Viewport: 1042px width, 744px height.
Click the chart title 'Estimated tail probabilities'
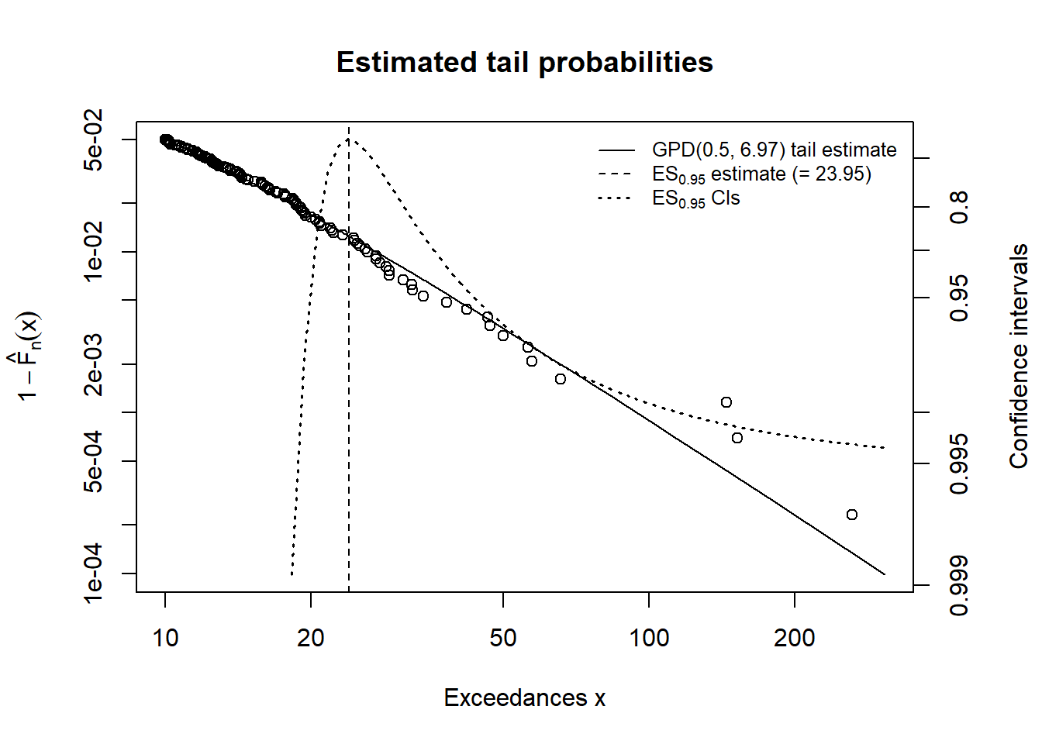524,62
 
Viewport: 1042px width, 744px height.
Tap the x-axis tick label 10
165,639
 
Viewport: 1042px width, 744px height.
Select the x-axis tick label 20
311,639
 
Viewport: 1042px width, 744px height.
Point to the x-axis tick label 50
503,639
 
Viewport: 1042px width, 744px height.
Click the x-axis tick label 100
649,639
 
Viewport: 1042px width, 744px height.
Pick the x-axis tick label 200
795,639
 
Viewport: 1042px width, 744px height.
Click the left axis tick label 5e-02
93,140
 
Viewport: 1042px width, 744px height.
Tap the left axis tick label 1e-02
93,251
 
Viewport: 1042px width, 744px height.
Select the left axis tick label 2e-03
93,364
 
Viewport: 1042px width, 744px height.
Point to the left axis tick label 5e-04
93,461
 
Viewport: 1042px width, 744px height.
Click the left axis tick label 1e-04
93,573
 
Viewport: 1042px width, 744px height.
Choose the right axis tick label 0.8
960,207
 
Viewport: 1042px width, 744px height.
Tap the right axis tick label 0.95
960,298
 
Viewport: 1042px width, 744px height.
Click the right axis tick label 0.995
960,463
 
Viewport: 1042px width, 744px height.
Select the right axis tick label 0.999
960,585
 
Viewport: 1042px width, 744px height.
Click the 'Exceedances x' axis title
524,698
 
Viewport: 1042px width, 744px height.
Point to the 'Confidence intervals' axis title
1019,356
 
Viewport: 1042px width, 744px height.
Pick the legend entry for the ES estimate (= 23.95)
761,174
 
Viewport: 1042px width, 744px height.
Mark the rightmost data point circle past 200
852,515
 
